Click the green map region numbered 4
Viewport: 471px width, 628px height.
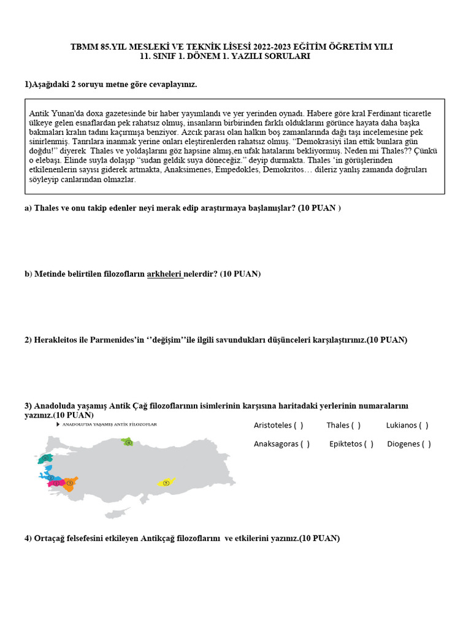[128, 442]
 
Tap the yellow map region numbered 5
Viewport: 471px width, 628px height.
[166, 483]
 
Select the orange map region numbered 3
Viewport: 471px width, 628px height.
[70, 483]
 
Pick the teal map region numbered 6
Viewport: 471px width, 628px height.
[45, 458]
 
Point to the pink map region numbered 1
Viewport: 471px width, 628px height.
[56, 483]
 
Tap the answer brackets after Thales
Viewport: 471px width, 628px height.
[356, 425]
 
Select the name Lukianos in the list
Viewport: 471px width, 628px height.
[402, 425]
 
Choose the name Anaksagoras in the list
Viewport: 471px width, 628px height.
[276, 444]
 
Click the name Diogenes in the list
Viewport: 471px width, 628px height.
[404, 444]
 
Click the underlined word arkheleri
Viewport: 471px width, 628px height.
[165, 274]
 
